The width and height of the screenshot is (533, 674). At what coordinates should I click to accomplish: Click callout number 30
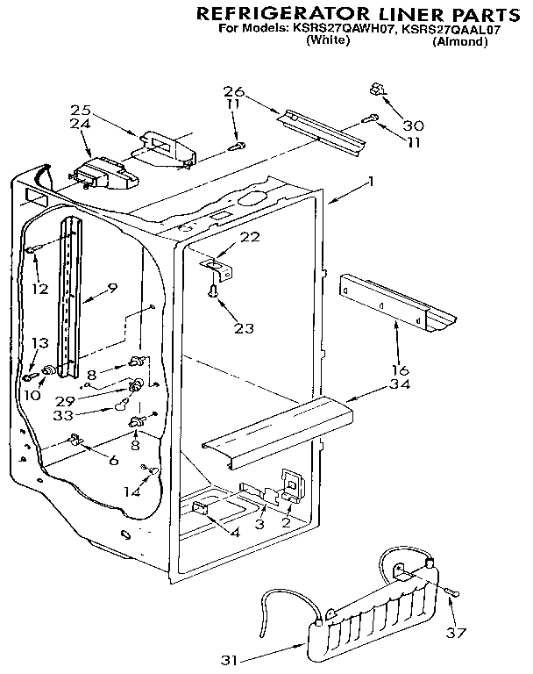coord(412,125)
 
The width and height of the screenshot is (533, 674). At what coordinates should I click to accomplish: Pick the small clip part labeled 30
coord(379,88)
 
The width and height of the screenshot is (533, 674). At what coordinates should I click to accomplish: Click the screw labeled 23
coord(213,293)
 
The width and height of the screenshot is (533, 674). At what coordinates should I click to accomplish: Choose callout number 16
coord(400,369)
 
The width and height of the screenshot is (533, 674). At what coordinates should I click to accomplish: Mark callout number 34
coord(400,384)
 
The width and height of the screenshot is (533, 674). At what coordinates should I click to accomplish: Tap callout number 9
coord(112,287)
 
